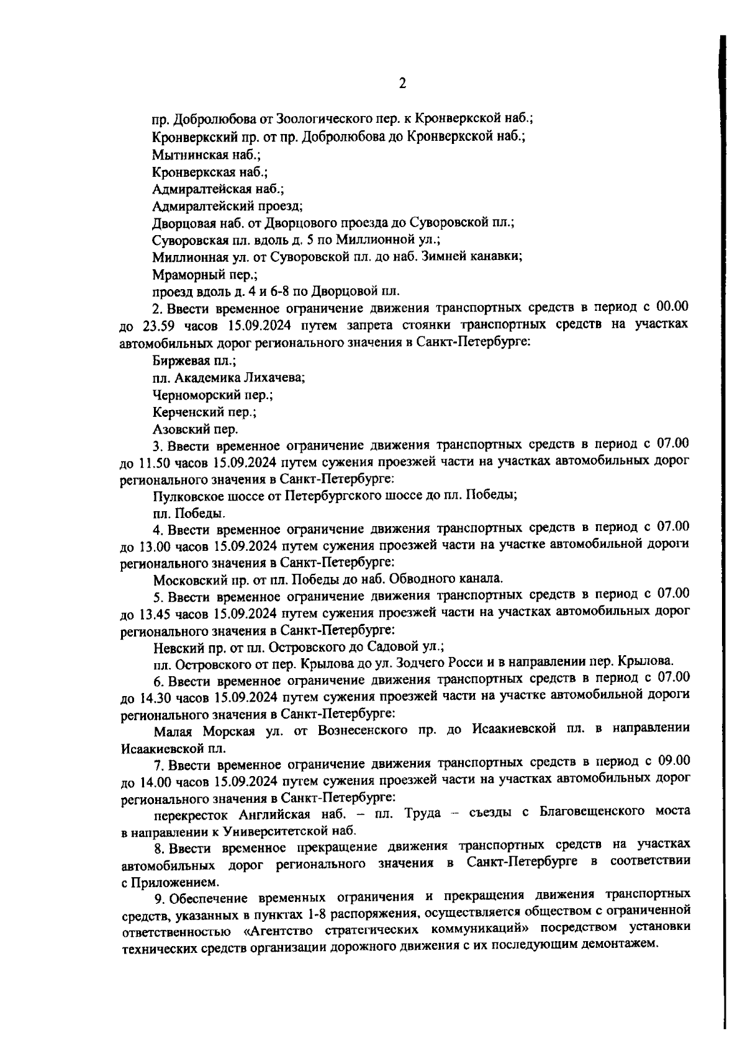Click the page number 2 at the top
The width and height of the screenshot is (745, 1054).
tap(402, 84)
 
